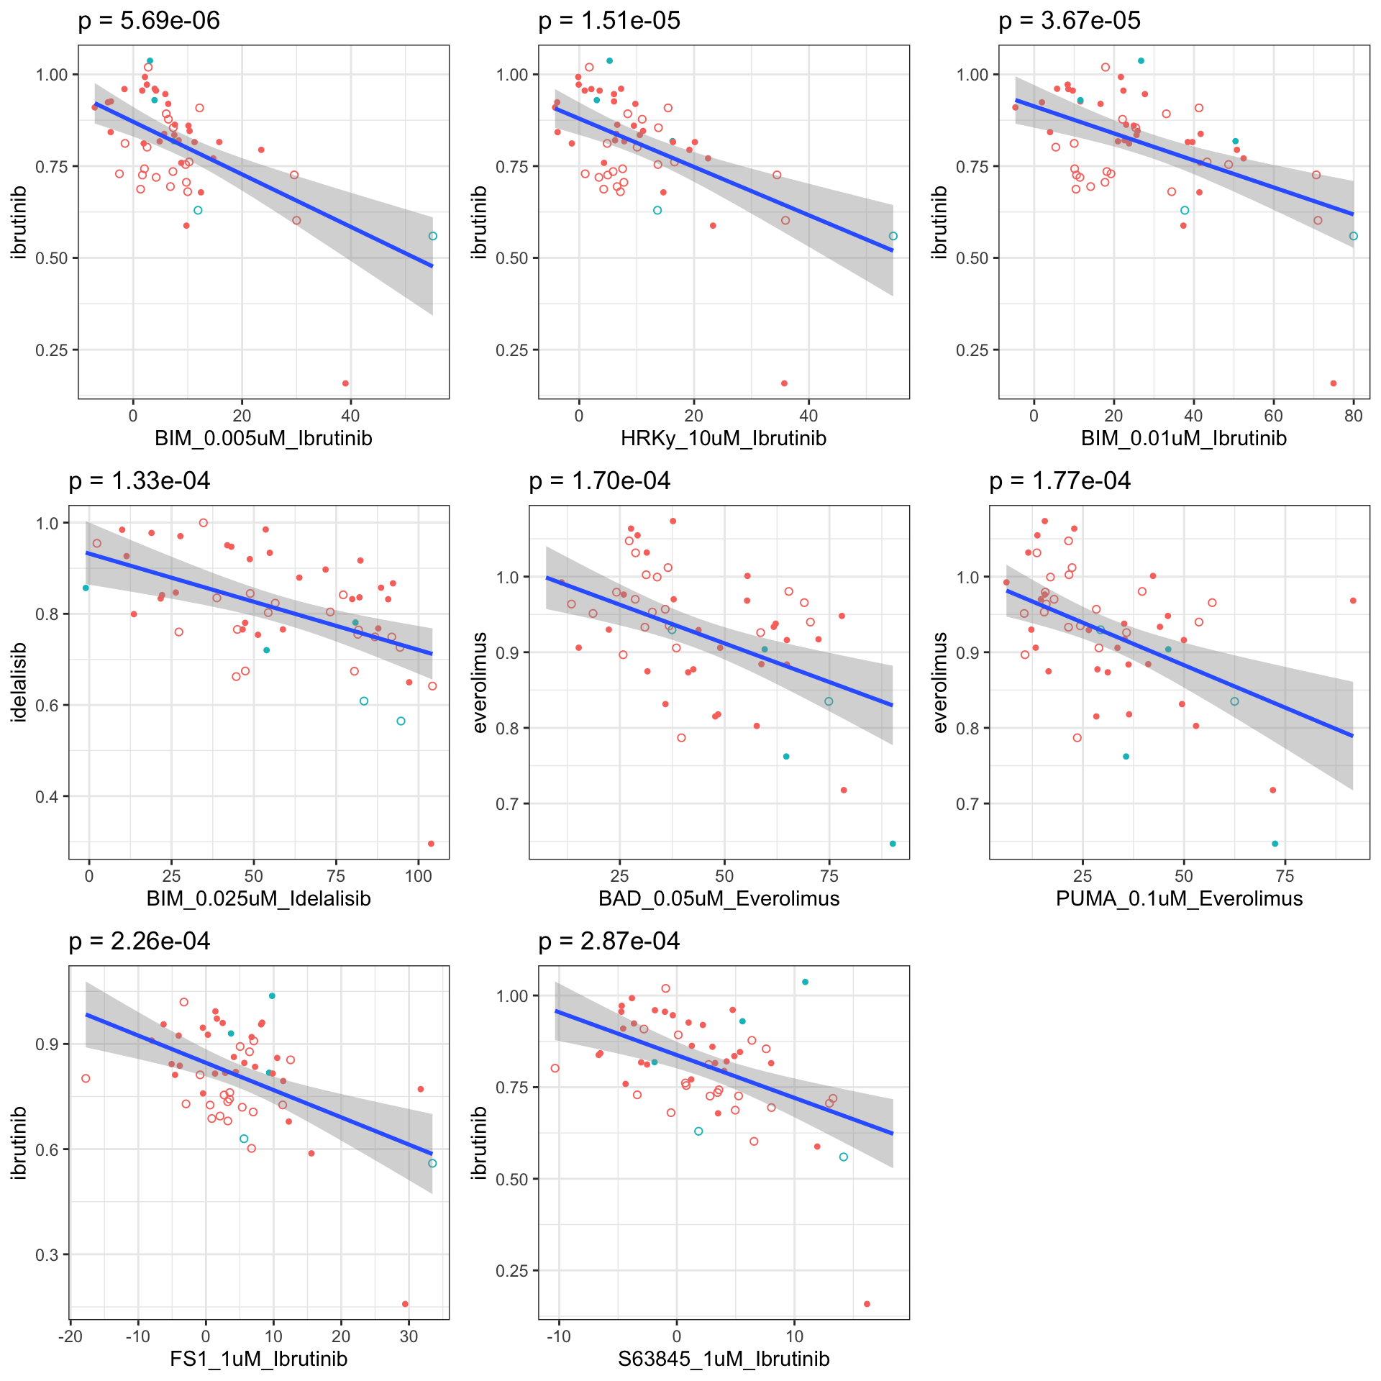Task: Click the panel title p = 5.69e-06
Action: pyautogui.click(x=149, y=21)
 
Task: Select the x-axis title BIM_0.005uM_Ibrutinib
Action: pyautogui.click(x=263, y=438)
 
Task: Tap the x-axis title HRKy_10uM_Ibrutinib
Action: pyautogui.click(x=724, y=438)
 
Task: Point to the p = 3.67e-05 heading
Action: pyautogui.click(x=1070, y=21)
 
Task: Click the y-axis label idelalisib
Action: pyautogui.click(x=19, y=682)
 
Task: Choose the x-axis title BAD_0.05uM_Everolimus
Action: pyautogui.click(x=719, y=898)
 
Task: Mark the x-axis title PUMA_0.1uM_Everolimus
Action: pyautogui.click(x=1180, y=898)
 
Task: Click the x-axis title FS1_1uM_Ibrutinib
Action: pyautogui.click(x=259, y=1359)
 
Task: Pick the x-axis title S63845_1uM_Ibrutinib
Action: pyautogui.click(x=724, y=1359)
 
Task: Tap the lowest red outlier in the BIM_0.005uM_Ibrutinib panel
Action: pyautogui.click(x=345, y=383)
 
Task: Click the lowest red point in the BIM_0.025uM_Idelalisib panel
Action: pyautogui.click(x=431, y=844)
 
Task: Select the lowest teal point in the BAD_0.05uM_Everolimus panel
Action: pyautogui.click(x=893, y=844)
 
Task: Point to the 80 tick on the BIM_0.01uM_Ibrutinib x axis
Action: pyautogui.click(x=1353, y=415)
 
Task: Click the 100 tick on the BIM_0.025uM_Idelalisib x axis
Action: pyautogui.click(x=419, y=875)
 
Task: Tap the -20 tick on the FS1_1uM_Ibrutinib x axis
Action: pyautogui.click(x=70, y=1336)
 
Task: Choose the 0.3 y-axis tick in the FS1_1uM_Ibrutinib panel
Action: pyautogui.click(x=47, y=1254)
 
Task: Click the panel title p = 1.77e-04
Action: pyautogui.click(x=1059, y=481)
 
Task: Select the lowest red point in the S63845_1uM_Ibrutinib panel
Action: pyautogui.click(x=867, y=1304)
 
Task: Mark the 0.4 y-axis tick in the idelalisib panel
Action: pyautogui.click(x=47, y=796)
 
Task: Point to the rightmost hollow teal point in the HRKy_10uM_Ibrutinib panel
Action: pyautogui.click(x=893, y=236)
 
